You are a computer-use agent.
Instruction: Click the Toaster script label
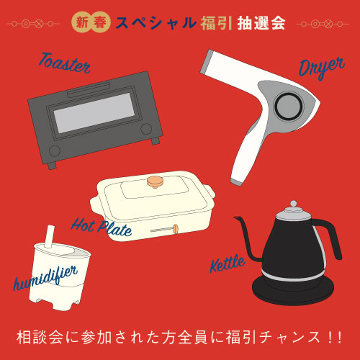tap(65, 63)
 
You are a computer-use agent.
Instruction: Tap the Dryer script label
tap(322, 68)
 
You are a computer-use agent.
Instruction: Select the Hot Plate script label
tap(102, 228)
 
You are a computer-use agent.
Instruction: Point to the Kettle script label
tap(228, 264)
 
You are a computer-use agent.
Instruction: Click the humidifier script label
tap(45, 278)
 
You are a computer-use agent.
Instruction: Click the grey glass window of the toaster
tap(94, 113)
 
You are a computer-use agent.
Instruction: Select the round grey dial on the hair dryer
tap(289, 106)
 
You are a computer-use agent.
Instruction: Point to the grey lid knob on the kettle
tap(293, 204)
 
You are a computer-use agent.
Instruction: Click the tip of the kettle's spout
tap(234, 217)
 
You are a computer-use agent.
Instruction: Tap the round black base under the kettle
tap(293, 291)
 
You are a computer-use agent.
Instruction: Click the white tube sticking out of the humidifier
tap(49, 237)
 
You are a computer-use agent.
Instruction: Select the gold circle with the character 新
tap(82, 23)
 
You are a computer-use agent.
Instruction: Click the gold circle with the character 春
tap(100, 23)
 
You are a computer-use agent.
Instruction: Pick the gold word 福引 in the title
tap(216, 23)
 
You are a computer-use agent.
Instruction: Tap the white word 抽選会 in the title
tap(261, 23)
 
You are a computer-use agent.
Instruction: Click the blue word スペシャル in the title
tap(156, 23)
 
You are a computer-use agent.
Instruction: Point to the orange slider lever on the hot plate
tap(176, 229)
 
